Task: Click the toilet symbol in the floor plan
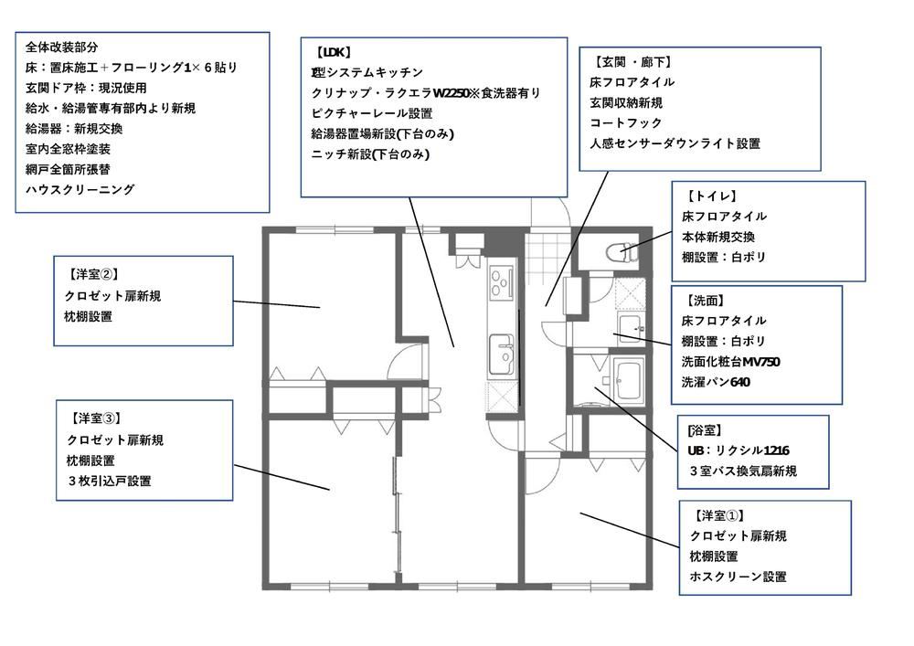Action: coord(622,253)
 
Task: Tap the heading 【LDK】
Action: coord(333,52)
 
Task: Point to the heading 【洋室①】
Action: coord(718,515)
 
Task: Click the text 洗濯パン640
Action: coord(716,382)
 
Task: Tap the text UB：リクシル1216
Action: coord(739,450)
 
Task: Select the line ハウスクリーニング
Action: coord(80,189)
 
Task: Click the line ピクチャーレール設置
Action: coord(372,113)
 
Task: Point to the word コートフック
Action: coord(626,123)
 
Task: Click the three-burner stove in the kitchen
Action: coord(501,282)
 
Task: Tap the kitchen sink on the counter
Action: coord(501,355)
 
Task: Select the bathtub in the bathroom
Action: coord(628,380)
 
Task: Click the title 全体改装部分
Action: coord(62,47)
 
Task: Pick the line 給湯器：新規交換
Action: coord(74,128)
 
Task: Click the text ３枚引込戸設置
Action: coord(109,482)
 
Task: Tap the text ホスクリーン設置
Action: coord(738,577)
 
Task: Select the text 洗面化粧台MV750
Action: coord(730,362)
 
